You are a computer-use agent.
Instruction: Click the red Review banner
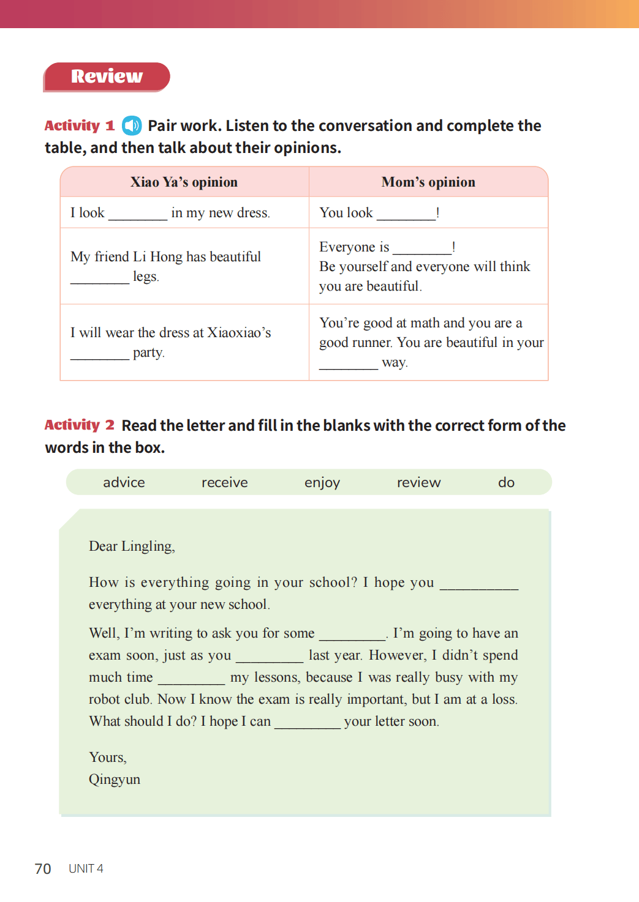(107, 76)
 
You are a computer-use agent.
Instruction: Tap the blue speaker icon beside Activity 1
(132, 125)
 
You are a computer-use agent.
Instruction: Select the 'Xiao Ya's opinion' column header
(184, 182)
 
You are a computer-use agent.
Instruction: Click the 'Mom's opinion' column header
(428, 182)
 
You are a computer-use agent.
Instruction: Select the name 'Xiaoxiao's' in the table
(239, 332)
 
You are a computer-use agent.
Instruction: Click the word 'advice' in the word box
(124, 482)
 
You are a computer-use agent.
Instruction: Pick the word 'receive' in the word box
(224, 482)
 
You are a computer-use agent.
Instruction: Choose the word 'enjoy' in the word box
(322, 483)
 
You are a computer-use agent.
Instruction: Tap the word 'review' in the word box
(418, 482)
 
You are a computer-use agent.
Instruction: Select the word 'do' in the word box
(506, 482)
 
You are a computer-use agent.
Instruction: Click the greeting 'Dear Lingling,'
(132, 546)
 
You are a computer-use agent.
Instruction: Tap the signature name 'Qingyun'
(115, 780)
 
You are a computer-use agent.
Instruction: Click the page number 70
(43, 869)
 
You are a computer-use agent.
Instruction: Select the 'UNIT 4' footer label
(86, 869)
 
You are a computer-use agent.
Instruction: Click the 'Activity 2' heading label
(79, 425)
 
